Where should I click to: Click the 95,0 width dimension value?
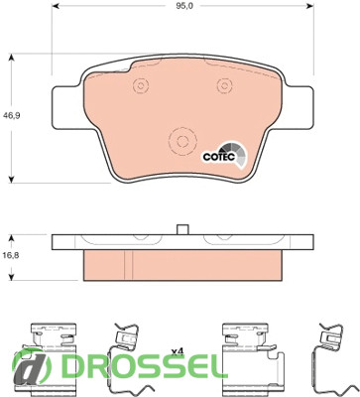point(182,6)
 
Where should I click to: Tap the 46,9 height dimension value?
point(11,115)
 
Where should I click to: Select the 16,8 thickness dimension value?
point(11,255)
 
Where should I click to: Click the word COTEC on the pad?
point(218,157)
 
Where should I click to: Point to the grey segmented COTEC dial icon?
point(235,154)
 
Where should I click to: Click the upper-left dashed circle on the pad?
point(141,86)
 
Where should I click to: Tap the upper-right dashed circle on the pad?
point(225,86)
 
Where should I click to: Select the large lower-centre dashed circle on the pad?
point(182,141)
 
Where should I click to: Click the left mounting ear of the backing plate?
point(66,107)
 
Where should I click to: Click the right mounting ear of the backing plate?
point(299,107)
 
